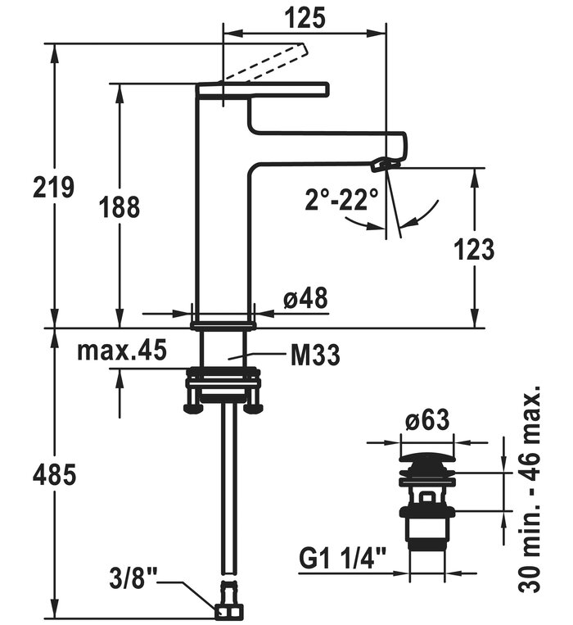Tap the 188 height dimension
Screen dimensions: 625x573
tap(120, 206)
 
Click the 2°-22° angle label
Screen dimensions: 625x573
tap(343, 199)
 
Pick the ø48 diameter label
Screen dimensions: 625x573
tap(305, 300)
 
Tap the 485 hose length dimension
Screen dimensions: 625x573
tap(54, 473)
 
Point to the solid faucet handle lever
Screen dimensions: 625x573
tap(262, 89)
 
